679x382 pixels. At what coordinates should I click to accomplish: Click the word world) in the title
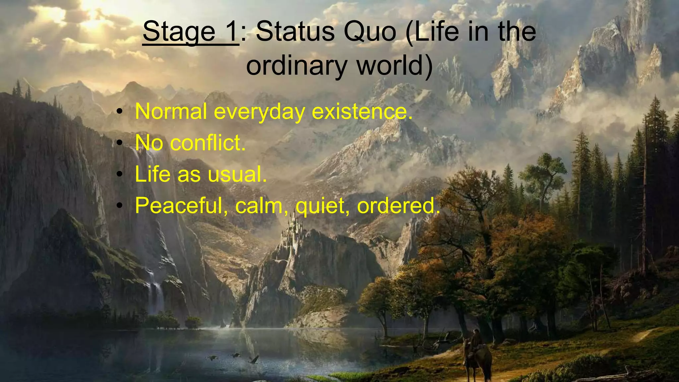point(395,65)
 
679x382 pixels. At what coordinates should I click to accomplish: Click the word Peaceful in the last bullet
point(181,206)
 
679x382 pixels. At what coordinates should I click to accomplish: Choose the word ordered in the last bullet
point(398,206)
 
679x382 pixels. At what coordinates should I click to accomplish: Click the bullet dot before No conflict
point(120,143)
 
